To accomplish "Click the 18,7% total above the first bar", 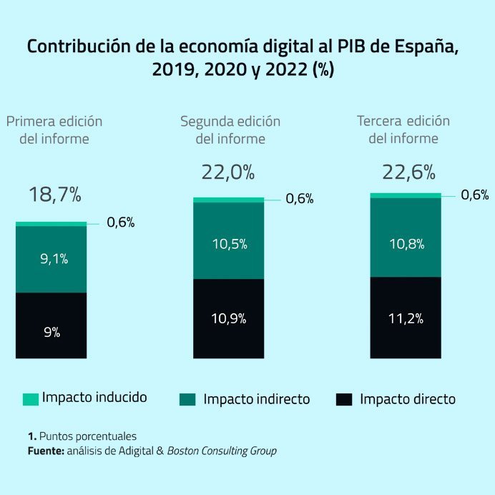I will coord(55,195).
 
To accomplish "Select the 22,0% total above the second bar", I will coord(228,172).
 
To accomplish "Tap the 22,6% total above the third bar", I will coord(406,172).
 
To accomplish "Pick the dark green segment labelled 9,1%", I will coord(52,259).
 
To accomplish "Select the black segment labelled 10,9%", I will coord(228,318).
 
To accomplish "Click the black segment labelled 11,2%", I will coord(406,318).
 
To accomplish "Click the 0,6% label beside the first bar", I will coord(121,222).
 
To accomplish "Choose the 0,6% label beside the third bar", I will coord(475,195).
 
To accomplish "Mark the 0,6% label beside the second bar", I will coord(300,199).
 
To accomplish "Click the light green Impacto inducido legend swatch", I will coord(31,399).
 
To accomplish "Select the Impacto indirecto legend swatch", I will coord(187,399).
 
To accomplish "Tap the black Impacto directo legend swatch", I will coord(344,399).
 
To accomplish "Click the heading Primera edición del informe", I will coord(54,129).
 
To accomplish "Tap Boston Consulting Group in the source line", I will coord(222,451).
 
